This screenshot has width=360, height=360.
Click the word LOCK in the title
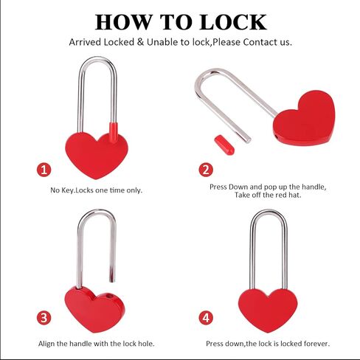click(x=233, y=22)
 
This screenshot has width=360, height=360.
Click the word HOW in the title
click(x=124, y=22)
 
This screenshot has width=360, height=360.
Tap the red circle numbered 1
click(x=44, y=170)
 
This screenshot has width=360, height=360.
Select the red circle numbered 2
click(x=206, y=170)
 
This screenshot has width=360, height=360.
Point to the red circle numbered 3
click(x=44, y=318)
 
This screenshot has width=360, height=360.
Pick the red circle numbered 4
click(x=206, y=318)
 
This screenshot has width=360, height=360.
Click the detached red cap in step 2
click(x=224, y=145)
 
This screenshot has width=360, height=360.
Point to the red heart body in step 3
click(x=94, y=309)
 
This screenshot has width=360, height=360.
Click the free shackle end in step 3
click(x=112, y=280)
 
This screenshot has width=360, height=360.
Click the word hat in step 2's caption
click(x=295, y=195)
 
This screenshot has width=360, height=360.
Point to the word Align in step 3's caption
click(x=46, y=344)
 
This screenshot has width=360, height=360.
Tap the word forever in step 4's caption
click(x=316, y=344)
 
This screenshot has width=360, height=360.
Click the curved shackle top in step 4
click(x=269, y=211)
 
